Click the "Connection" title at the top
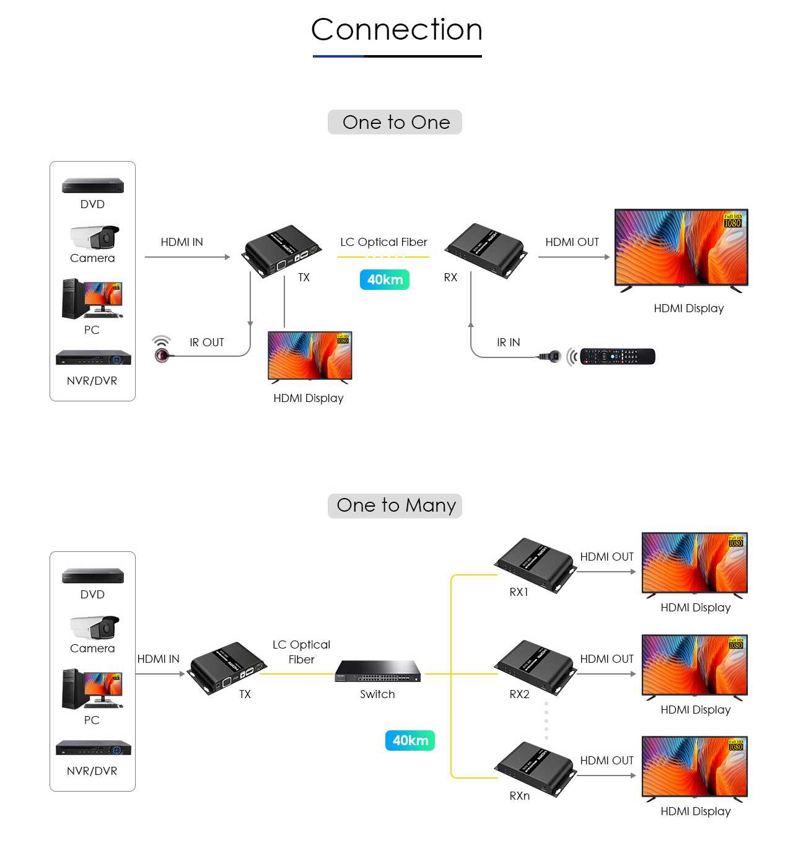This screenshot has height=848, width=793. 396,30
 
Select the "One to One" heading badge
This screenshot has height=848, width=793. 395,122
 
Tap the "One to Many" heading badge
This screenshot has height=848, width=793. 395,505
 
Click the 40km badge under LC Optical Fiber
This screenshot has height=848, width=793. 385,279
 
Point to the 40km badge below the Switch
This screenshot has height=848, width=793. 410,740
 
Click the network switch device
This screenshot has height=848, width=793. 378,671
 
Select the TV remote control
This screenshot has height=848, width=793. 617,356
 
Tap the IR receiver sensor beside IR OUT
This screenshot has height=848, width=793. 162,354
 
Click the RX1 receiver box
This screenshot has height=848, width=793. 535,564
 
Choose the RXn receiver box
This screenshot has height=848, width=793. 535,768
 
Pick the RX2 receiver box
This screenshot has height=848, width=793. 535,667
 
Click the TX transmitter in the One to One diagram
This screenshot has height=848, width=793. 283,250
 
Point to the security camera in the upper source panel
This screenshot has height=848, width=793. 94,237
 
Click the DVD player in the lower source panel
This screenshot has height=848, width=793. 93,575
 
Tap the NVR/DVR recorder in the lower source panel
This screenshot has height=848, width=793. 94,748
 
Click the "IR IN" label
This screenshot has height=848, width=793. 508,343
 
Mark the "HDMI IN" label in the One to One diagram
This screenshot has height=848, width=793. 182,242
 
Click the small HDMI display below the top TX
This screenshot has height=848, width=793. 310,356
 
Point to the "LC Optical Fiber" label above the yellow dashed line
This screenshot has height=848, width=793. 383,242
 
